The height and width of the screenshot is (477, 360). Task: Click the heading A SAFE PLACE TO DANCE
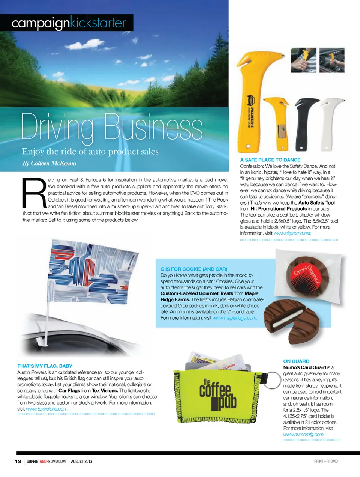[270, 160]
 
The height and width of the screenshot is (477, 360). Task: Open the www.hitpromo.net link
[292, 233]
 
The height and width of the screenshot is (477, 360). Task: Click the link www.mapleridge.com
[235, 318]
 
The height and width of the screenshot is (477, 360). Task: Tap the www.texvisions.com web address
[47, 409]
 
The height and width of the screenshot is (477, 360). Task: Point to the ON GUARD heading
[296, 361]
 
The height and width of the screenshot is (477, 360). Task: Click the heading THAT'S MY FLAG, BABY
[45, 366]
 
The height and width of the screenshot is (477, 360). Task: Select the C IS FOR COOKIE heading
[194, 269]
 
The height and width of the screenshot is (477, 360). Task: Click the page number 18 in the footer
[18, 461]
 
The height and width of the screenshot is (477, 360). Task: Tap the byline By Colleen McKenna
[49, 163]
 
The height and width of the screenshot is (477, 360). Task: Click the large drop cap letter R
[34, 193]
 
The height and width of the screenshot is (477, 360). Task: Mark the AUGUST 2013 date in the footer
[81, 461]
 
